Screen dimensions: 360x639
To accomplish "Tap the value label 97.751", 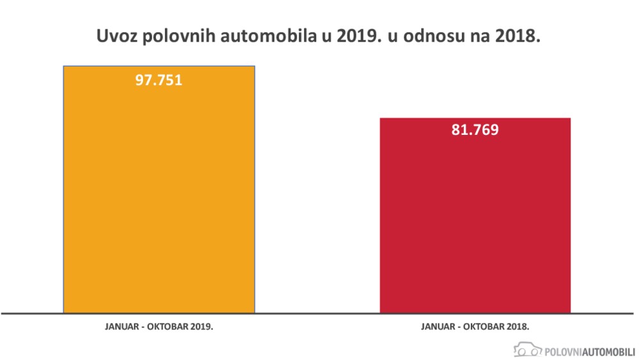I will tap(158, 81).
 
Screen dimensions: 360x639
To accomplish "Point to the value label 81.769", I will tap(475, 130).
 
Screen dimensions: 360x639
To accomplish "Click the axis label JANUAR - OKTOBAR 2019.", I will tap(158, 326).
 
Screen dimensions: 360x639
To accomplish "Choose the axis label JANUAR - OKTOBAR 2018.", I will tap(475, 326).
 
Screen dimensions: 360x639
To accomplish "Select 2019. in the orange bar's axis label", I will tap(201, 326).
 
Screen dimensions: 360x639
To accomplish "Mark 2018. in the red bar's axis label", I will tap(517, 326).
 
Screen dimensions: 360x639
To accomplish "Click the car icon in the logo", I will tap(527, 350).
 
